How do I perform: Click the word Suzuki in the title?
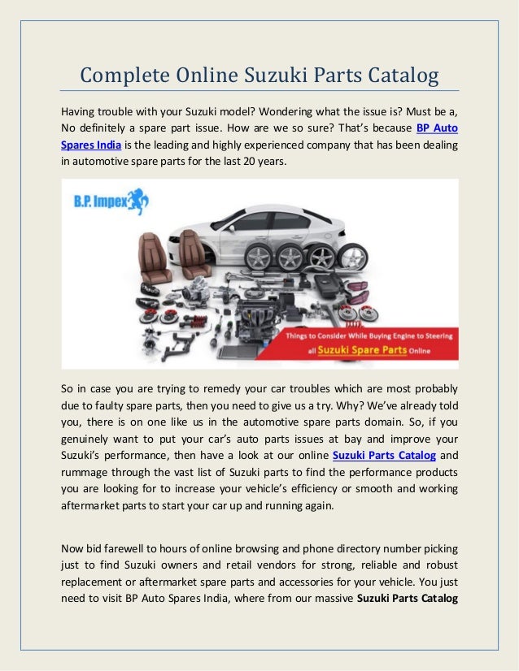pos(277,76)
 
